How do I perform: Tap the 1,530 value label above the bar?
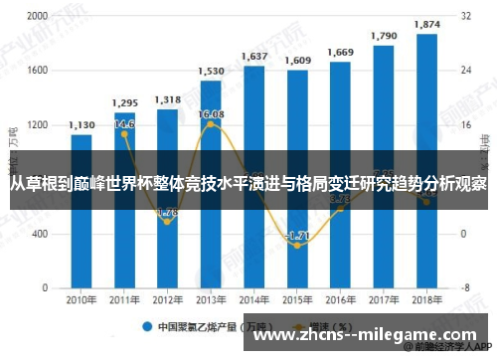click(x=211, y=72)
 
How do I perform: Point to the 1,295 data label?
click(x=124, y=103)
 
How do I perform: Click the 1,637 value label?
click(x=254, y=57)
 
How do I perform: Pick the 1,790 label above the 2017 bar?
click(x=384, y=36)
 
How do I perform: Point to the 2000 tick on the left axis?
click(x=36, y=17)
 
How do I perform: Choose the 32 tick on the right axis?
click(x=465, y=17)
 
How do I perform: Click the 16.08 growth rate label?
click(x=211, y=115)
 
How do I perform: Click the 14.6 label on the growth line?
click(x=124, y=124)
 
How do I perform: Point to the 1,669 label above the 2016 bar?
click(x=341, y=53)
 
